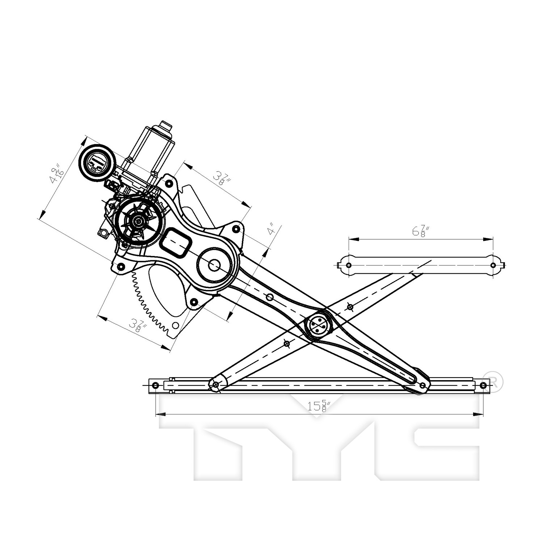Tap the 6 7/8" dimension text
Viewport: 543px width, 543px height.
[x=420, y=230]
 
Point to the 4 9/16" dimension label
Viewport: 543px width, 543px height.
[x=57, y=175]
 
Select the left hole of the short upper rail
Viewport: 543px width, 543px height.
[x=349, y=265]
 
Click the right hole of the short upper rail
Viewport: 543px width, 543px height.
[x=493, y=265]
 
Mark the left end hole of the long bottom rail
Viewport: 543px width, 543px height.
[x=156, y=385]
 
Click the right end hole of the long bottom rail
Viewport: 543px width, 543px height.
[x=484, y=385]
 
